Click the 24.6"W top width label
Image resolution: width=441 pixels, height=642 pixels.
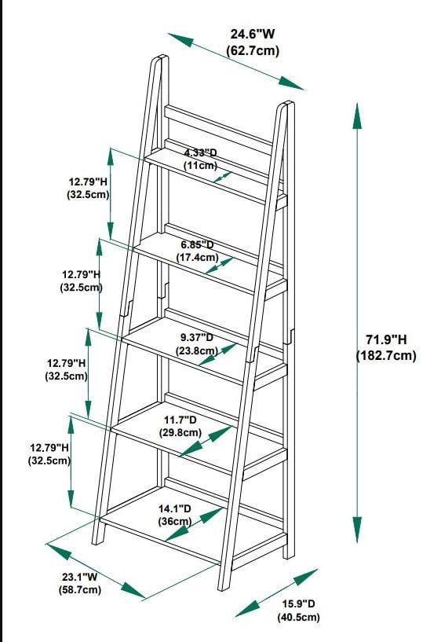253,34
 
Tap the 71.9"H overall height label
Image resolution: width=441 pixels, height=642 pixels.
386,339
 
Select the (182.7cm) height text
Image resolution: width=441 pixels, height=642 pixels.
386,355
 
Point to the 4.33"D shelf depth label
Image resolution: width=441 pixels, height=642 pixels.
200,153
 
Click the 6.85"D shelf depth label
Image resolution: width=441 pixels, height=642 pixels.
198,245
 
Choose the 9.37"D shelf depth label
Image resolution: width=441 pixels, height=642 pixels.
197,337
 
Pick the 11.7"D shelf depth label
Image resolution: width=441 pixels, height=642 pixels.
180,420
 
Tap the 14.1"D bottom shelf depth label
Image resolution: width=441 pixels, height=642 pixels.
174,508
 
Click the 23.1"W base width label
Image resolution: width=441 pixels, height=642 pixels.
80,577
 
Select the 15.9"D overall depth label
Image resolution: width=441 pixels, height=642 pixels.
298,603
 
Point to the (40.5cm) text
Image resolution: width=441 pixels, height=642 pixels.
298,617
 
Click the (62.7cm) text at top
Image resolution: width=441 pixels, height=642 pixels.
253,51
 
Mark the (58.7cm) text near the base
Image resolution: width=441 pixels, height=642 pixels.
80,589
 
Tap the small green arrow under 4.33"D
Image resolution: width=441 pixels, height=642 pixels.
222,178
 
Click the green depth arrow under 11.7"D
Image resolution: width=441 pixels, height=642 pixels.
206,442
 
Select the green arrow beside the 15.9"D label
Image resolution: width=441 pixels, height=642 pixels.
276,592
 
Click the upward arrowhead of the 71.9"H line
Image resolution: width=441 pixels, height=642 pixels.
357,116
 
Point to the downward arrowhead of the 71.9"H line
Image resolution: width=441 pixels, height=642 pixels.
357,530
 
